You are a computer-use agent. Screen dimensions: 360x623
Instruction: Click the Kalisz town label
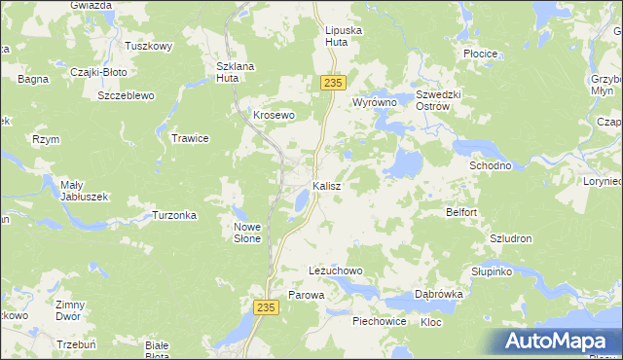[326, 185]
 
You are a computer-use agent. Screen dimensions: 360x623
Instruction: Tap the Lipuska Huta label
[343, 37]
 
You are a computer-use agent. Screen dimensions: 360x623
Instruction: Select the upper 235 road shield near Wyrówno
[332, 84]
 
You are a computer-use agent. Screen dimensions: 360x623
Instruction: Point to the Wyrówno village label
[376, 101]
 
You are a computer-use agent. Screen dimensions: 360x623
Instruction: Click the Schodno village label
[491, 165]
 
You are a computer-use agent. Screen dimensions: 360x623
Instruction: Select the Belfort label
[461, 212]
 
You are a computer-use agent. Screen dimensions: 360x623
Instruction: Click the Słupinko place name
[492, 271]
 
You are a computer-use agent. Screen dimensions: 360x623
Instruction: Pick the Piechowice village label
[380, 320]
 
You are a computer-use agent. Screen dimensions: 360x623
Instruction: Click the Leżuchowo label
[335, 270]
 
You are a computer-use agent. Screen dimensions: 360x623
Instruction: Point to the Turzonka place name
[175, 215]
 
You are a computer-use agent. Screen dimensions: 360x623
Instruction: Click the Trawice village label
[191, 138]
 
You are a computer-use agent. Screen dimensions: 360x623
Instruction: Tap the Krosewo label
[274, 115]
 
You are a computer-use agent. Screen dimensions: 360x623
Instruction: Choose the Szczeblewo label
[128, 95]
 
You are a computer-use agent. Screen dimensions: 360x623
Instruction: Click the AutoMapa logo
[557, 342]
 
